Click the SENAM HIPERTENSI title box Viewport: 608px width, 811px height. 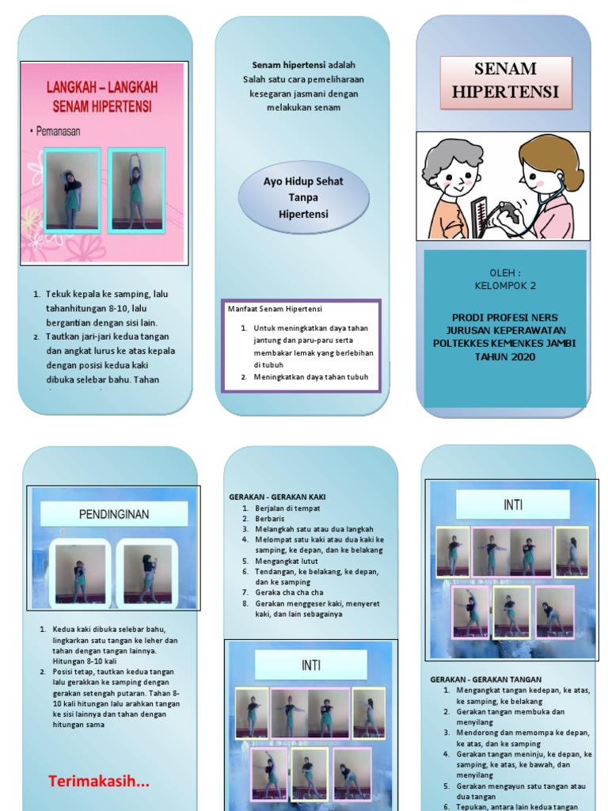tap(505, 80)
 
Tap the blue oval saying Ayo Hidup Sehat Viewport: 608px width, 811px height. tap(303, 198)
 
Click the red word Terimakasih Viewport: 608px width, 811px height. tap(99, 782)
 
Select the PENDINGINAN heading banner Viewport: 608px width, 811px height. tap(114, 515)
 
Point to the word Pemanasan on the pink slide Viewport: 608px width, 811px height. tap(58, 131)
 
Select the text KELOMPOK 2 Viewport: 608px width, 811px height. tap(505, 285)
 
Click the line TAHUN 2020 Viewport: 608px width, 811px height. tap(505, 356)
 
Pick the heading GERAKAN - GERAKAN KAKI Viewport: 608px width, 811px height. tap(277, 497)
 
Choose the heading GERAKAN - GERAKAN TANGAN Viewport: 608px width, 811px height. tap(485, 680)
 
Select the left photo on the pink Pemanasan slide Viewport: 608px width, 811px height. tap(72, 190)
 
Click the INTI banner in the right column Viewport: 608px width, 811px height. tap(512, 504)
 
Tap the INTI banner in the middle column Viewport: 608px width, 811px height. tap(310, 665)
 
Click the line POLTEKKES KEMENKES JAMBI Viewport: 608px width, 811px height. tap(505, 343)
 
